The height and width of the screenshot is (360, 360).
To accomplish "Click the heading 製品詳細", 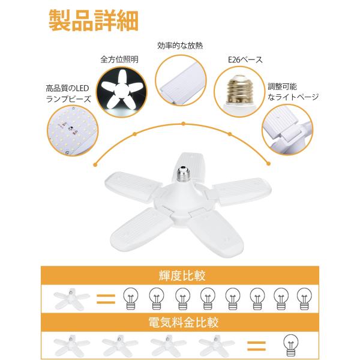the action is tap(94, 20).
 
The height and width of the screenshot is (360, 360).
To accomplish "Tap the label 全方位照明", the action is tap(119, 59).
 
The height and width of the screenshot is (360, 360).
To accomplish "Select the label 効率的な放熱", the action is tap(180, 46).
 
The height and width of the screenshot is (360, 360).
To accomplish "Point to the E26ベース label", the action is tap(245, 59).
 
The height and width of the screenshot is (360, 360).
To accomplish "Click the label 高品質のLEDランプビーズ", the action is tap(68, 94).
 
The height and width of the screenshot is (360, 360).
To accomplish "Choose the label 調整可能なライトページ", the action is tap(293, 92).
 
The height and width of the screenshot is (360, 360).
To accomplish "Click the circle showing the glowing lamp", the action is tap(121, 92).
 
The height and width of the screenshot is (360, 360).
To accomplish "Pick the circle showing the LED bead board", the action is tap(73, 130).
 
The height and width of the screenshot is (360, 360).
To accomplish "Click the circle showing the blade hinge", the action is tap(287, 129).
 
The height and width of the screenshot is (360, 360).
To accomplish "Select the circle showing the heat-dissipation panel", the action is tap(181, 80).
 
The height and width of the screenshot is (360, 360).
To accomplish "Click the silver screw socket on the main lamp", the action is tap(183, 175).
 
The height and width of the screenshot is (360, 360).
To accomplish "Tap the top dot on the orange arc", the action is tap(183, 124).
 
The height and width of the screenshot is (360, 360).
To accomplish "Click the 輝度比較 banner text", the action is tap(182, 276).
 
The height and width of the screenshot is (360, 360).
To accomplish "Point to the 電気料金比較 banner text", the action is tap(183, 322).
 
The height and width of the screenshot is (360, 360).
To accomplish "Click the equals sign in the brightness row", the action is tap(106, 299).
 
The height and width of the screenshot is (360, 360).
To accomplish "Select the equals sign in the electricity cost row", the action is tap(256, 346).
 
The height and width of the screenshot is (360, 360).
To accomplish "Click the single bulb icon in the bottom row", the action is tap(291, 345).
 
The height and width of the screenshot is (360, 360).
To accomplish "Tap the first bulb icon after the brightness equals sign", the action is tap(131, 298).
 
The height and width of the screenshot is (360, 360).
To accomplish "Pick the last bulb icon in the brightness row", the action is tap(304, 298).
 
